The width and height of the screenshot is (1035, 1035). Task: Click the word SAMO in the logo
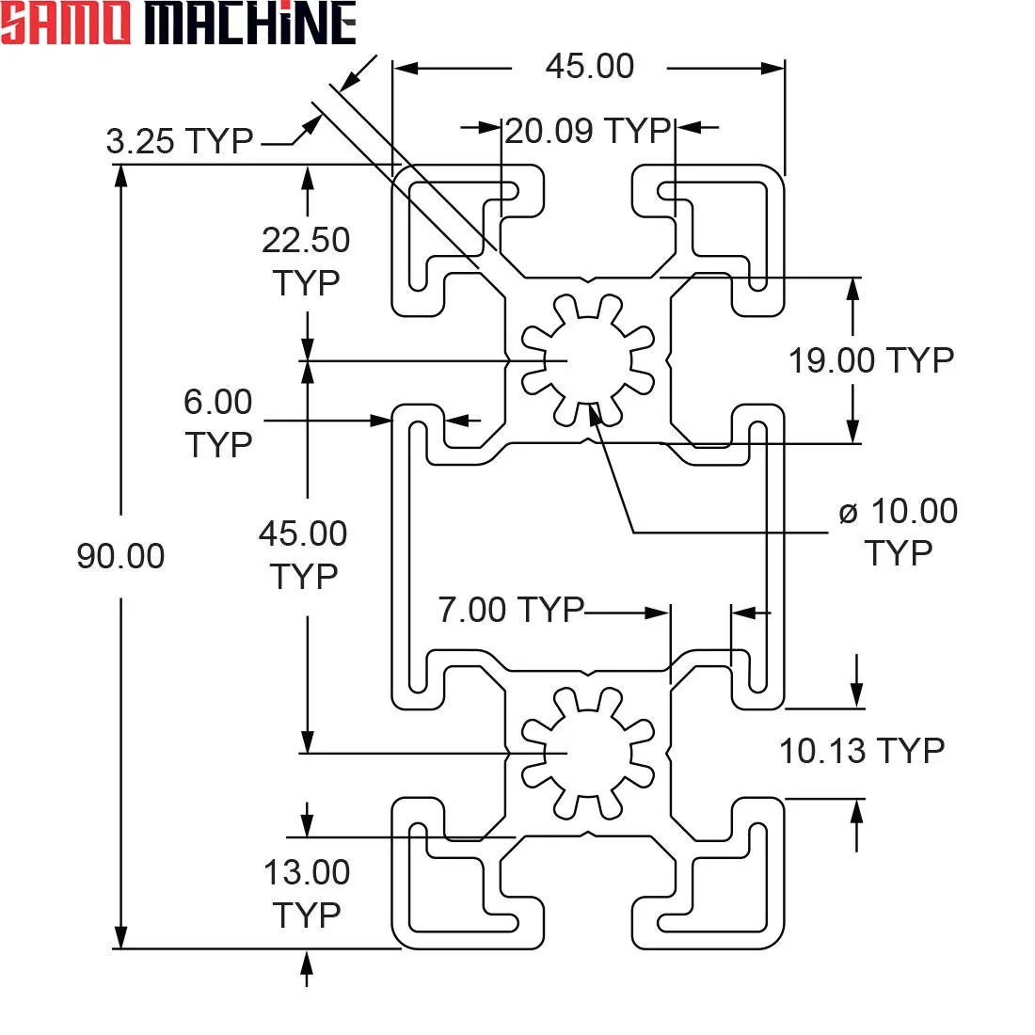point(65,24)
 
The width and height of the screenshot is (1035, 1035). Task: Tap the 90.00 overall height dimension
point(120,556)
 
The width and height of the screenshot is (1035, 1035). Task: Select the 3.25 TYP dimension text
point(180,141)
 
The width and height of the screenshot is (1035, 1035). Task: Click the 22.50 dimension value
point(306,240)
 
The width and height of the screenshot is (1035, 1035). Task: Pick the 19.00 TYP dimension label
point(871,360)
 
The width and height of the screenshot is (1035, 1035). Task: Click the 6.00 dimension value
point(218,402)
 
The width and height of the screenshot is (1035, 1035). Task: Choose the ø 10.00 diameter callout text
point(899,511)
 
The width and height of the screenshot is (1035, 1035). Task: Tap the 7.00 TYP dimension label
point(512,610)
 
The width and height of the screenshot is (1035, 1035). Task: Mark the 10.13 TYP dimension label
point(862,751)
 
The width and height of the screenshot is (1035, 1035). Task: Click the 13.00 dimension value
point(307,872)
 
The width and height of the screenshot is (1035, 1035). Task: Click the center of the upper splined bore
point(588,360)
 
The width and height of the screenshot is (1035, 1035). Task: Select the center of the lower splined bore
point(588,753)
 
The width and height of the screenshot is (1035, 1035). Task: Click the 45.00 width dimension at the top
point(590,66)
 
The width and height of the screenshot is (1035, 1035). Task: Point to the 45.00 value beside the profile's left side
point(303,533)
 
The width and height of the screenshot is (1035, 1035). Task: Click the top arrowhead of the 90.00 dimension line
point(120,176)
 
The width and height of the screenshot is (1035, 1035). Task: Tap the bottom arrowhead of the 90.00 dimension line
point(120,937)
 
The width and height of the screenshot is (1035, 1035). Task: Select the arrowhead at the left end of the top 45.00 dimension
point(406,68)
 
